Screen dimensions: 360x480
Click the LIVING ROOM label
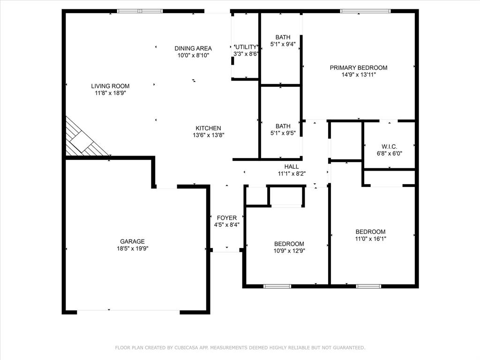pyautogui.click(x=110, y=86)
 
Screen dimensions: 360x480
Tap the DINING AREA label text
pyautogui.click(x=193, y=48)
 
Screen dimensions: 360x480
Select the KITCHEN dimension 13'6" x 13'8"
pyautogui.click(x=208, y=135)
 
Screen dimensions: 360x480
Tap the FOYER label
pyautogui.click(x=227, y=218)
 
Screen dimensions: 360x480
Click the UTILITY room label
pyautogui.click(x=246, y=47)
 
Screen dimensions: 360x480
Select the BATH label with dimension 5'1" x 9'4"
pyautogui.click(x=283, y=37)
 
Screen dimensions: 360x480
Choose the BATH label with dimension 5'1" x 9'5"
pyautogui.click(x=283, y=126)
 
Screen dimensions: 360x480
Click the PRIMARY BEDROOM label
pyautogui.click(x=359, y=67)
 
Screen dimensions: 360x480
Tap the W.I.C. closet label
pyautogui.click(x=390, y=147)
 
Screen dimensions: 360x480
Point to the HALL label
pyautogui.click(x=292, y=166)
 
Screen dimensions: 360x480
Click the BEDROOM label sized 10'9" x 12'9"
pyautogui.click(x=289, y=244)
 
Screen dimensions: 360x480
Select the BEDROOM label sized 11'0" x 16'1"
pyautogui.click(x=370, y=232)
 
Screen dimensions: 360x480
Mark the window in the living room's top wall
pyautogui.click(x=140, y=11)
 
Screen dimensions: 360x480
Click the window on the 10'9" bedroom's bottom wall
pyautogui.click(x=277, y=286)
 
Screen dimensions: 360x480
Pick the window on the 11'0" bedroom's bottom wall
pyautogui.click(x=368, y=286)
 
